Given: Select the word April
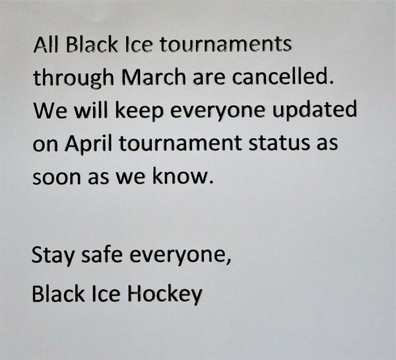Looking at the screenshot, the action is pyautogui.click(x=88, y=143).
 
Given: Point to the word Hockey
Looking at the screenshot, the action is pyautogui.click(x=164, y=294).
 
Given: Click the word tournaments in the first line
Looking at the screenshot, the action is pyautogui.click(x=226, y=44).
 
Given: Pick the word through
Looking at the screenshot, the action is pyautogui.click(x=73, y=78).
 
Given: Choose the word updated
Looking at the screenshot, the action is pyautogui.click(x=315, y=110).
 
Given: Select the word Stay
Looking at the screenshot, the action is pyautogui.click(x=53, y=255).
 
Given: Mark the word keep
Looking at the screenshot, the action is pyautogui.click(x=139, y=110).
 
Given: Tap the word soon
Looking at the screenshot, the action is pyautogui.click(x=56, y=177).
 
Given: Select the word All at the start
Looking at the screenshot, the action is pyautogui.click(x=46, y=44).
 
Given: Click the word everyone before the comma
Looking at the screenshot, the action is pyautogui.click(x=180, y=256).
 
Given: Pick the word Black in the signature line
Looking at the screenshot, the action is pyautogui.click(x=58, y=293).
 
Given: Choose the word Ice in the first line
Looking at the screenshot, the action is pyautogui.click(x=139, y=44).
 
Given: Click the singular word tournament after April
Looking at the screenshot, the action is pyautogui.click(x=180, y=143).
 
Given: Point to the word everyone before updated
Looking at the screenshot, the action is pyautogui.click(x=218, y=111).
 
